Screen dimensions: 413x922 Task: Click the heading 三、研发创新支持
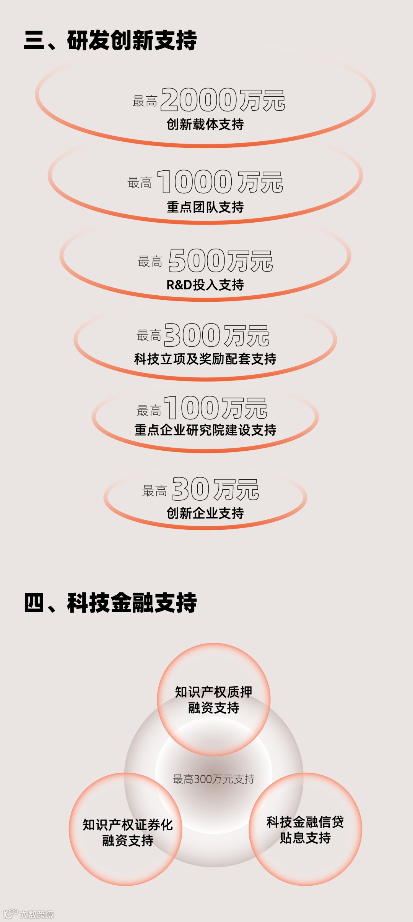[110, 40]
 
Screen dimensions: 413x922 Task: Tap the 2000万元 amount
[223, 100]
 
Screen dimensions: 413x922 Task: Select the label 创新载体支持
[205, 125]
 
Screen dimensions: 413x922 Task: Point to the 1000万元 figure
[220, 182]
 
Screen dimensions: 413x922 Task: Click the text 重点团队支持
[205, 207]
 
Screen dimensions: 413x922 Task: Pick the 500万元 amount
[221, 261]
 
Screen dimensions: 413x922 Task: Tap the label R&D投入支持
[205, 285]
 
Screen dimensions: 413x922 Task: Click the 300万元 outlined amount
[216, 335]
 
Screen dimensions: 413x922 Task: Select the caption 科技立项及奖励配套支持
[205, 359]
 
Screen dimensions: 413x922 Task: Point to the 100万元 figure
[215, 408]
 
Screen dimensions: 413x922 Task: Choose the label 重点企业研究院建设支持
[205, 430]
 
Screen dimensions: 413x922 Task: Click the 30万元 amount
[216, 489]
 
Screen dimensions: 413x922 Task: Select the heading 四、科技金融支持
[110, 603]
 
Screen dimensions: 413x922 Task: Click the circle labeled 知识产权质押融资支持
[213, 700]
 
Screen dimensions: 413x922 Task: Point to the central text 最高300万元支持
[213, 779]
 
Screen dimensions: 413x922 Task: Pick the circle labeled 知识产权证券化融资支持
[127, 833]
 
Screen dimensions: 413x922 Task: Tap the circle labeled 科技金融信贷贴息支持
[305, 830]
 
